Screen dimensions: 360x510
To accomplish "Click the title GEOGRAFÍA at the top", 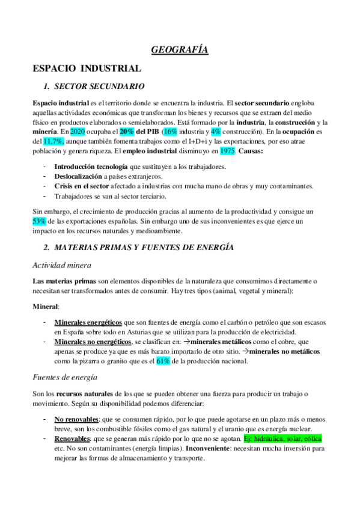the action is click(180, 51).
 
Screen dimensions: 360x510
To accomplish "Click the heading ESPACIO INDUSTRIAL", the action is click(87, 69).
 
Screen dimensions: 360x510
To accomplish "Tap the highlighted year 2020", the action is click(78, 131).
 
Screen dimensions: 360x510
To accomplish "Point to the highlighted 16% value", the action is click(171, 131).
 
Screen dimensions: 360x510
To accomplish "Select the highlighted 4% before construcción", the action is click(216, 131).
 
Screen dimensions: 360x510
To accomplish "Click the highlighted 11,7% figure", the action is click(54, 140).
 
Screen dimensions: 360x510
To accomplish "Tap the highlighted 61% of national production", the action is click(163, 361).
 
